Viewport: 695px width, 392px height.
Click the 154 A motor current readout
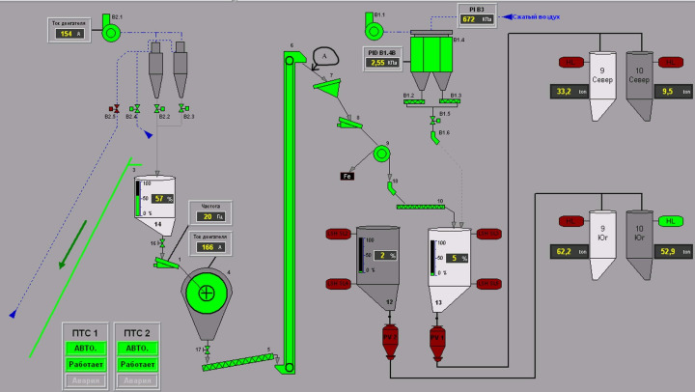coord(66,34)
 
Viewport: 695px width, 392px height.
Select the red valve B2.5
coord(116,109)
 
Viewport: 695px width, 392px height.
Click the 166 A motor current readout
coord(210,247)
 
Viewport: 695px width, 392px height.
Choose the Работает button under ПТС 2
coord(135,366)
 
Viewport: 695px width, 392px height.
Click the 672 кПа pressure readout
coord(474,18)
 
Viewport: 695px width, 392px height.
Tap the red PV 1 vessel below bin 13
coord(435,339)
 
